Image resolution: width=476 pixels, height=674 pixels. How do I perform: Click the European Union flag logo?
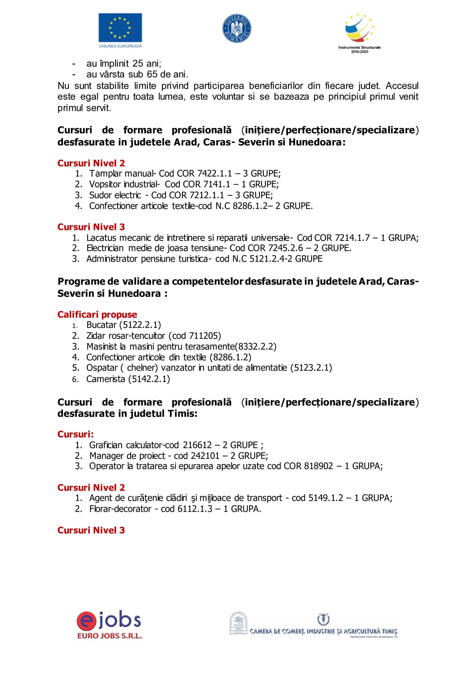120,28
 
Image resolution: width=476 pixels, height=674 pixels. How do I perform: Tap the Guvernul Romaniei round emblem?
237,28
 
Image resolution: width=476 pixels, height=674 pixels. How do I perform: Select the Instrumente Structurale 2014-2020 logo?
359,33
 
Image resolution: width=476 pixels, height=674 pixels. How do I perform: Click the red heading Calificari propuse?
97,315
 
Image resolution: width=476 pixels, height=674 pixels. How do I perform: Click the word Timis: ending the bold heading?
183,414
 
